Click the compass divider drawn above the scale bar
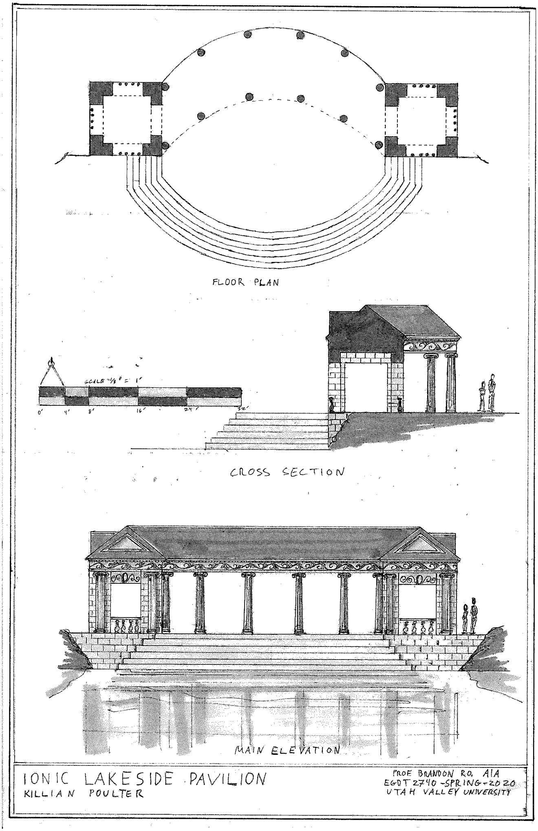[52, 372]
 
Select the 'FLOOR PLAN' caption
[245, 282]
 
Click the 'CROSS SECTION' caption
[287, 472]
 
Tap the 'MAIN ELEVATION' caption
[287, 750]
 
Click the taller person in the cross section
[492, 392]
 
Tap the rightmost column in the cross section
[450, 383]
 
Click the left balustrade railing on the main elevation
[126, 631]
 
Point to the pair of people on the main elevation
[470, 616]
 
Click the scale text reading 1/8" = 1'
[111, 382]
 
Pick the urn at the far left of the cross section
[332, 405]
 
